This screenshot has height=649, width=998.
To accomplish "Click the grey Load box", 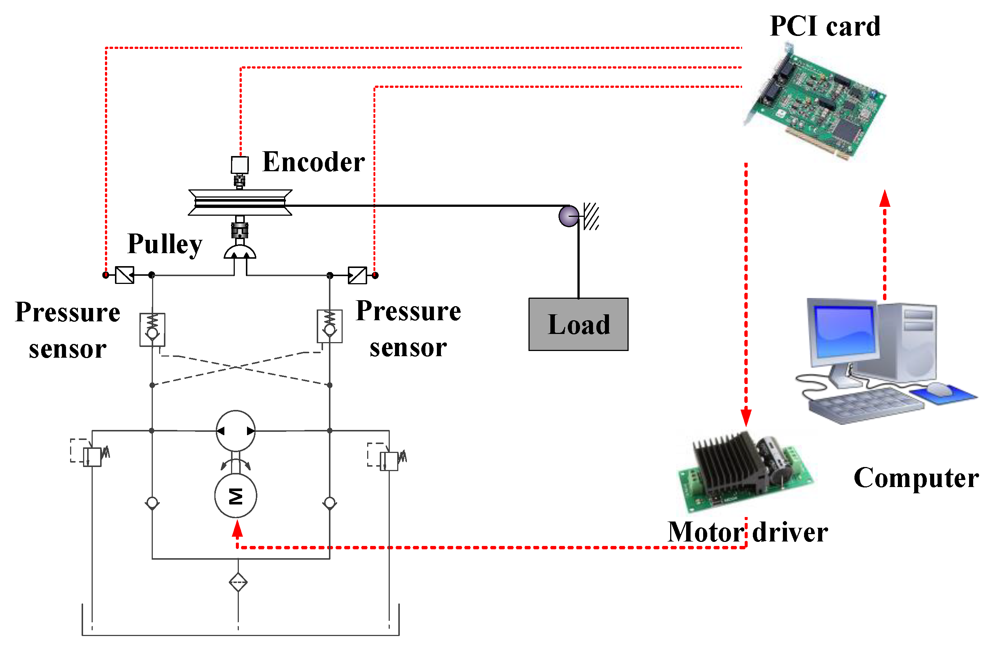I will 578,324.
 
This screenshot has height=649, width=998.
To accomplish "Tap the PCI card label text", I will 825,26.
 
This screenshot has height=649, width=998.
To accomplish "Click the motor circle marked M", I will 235,496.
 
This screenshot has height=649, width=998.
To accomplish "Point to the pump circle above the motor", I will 235,431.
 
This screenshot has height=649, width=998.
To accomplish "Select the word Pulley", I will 165,244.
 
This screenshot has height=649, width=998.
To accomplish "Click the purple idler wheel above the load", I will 569,216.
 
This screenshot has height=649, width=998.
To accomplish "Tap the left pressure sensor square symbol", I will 125,275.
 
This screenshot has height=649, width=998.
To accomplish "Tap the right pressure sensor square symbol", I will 357,275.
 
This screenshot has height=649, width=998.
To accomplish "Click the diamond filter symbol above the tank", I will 238,582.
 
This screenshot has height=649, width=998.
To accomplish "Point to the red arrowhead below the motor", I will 237,530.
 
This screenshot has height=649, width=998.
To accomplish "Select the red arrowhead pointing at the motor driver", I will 746,417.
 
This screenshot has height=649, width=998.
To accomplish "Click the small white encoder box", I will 240,165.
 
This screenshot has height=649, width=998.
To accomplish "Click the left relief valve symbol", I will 92,457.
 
